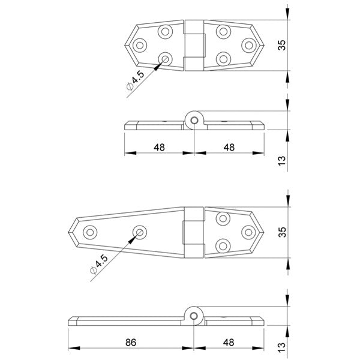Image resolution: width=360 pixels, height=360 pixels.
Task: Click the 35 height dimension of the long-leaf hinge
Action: [x=283, y=232]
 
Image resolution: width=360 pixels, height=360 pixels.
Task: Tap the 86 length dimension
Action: [x=131, y=342]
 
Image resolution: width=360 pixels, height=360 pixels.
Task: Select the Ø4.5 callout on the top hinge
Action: [x=135, y=80]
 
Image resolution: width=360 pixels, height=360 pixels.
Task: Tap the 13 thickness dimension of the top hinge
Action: [x=283, y=160]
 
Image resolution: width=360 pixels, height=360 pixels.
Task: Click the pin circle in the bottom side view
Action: [x=194, y=314]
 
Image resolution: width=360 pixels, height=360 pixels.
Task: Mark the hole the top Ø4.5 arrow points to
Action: [x=166, y=58]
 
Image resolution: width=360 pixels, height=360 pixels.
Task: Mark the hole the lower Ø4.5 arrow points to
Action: [x=140, y=231]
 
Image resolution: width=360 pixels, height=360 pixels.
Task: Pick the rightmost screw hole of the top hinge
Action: [x=248, y=44]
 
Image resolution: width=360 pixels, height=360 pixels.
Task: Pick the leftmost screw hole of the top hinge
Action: [x=140, y=44]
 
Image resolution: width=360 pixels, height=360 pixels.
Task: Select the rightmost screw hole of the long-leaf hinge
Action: [x=248, y=232]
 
